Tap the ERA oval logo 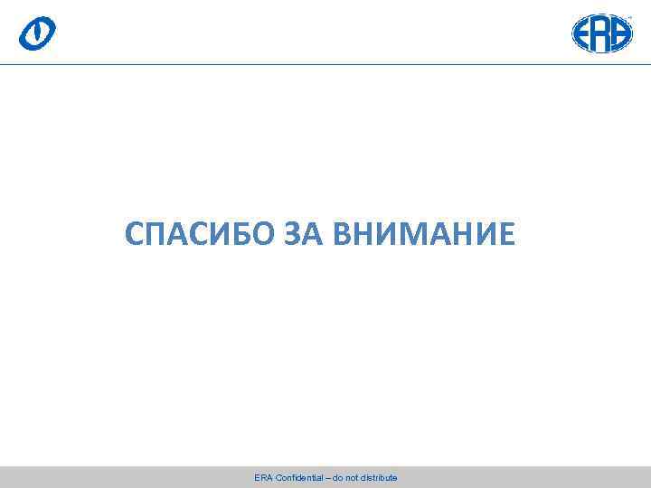click(602, 33)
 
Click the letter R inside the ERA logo click(602, 33)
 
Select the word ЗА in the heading click(303, 235)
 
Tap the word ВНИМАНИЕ click(424, 235)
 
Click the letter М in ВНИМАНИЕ click(409, 235)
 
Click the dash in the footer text click(327, 477)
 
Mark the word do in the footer click(337, 477)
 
